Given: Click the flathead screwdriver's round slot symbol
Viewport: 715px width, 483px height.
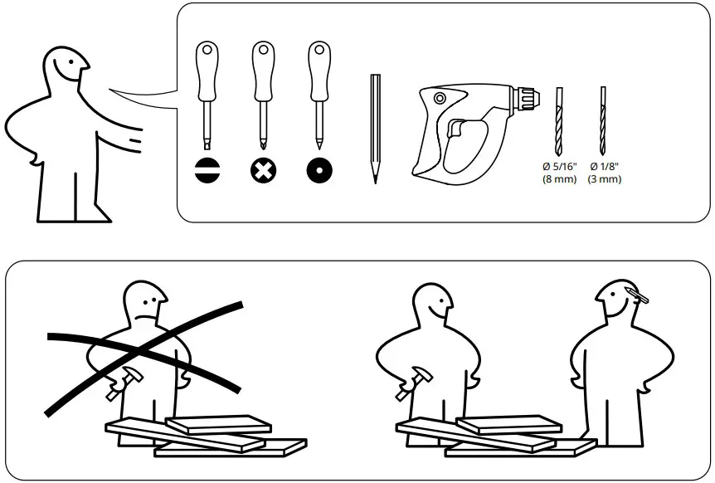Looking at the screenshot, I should [x=207, y=170].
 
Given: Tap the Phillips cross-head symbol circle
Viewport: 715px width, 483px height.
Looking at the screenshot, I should [x=264, y=170].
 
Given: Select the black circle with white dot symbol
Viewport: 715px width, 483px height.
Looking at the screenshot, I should [x=319, y=170].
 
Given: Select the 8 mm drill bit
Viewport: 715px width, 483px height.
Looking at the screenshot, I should [x=558, y=120].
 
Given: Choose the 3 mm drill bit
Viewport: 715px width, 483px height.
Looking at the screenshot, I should [x=603, y=120].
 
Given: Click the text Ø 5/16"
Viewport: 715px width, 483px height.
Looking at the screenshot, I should [x=558, y=167].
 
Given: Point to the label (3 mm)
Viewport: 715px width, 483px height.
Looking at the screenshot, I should [x=604, y=179].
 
